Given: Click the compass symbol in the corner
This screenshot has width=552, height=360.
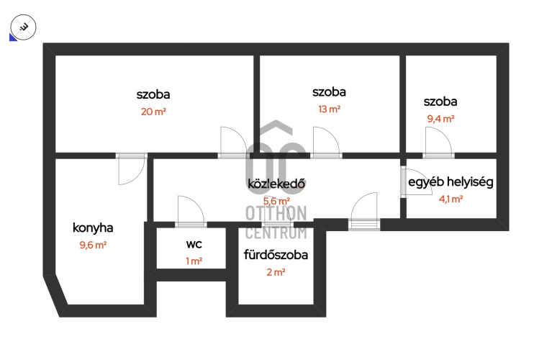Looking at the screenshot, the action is point(23,27).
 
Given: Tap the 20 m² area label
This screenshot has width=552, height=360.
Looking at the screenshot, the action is point(153,112).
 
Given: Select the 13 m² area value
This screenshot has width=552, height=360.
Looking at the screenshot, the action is point(329,109).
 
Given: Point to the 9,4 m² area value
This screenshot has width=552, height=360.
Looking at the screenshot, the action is point(440,119).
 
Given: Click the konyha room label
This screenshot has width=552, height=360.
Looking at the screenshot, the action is point(93,228).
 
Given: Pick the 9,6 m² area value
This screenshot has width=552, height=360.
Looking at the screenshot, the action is point(93,245).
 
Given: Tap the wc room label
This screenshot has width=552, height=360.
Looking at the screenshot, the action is point(194,244).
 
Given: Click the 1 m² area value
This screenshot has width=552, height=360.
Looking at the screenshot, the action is point(194,261).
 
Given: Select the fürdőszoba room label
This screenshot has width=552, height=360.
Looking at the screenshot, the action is point(276,255).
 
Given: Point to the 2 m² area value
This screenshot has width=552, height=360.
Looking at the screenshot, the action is point(276,272).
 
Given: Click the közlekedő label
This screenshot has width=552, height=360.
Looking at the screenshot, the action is point(276,184).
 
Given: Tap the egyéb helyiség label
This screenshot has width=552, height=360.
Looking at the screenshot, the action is point(451,182).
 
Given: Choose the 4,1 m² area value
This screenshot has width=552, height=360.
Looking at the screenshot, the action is point(451,199).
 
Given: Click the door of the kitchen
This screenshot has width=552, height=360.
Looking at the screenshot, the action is point(131,169).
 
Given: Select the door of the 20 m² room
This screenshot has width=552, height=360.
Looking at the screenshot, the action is point(232,142).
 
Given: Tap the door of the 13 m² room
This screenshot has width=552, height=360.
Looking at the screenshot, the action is point(326,142).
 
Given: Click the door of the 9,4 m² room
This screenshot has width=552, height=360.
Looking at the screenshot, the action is point(438,142).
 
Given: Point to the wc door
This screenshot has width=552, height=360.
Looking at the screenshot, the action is point(191,211).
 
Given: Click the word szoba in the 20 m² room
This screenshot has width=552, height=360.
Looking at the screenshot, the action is point(153,94).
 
